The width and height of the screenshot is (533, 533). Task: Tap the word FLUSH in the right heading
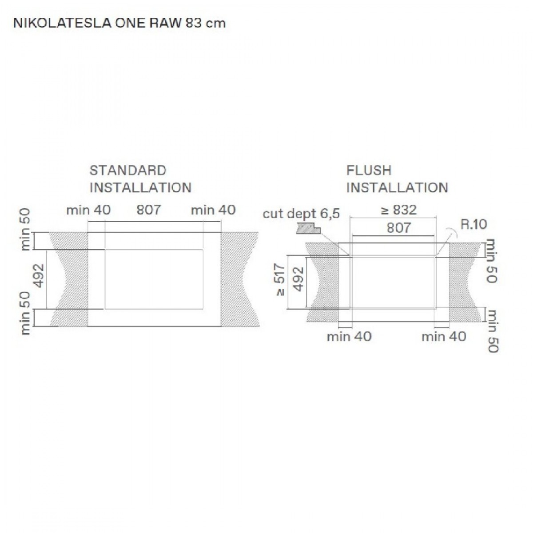[x=369, y=171]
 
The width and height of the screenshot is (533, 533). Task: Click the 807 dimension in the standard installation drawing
[x=148, y=210]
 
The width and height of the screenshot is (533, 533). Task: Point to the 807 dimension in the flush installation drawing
[x=398, y=228]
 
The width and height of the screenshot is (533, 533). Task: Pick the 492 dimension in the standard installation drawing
[x=39, y=276]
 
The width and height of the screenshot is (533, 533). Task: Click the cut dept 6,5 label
[x=301, y=214]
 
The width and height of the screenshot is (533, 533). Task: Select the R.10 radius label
[x=473, y=224]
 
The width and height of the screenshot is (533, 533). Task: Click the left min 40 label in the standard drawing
[x=88, y=210]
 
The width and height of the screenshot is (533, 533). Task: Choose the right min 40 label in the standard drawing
[x=213, y=210]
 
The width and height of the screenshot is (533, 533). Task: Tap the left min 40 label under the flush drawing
[x=349, y=337]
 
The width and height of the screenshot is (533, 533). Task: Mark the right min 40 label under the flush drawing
[x=444, y=337]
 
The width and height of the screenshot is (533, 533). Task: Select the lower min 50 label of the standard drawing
[x=26, y=313]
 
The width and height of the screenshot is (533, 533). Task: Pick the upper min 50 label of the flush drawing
[x=492, y=261]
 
